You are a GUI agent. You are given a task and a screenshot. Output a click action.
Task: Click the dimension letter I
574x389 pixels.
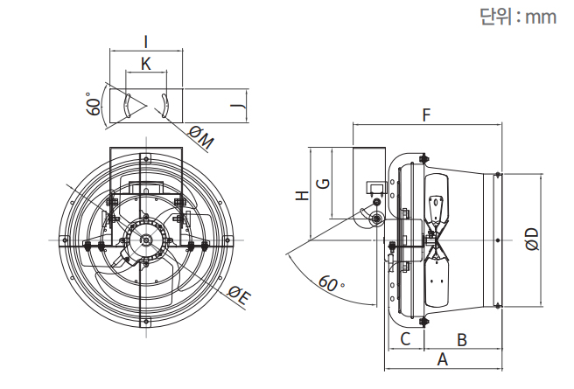[146, 40]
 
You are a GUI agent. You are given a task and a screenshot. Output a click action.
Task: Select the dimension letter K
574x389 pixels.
[146, 64]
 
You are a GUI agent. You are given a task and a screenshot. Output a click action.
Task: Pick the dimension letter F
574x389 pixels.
[426, 115]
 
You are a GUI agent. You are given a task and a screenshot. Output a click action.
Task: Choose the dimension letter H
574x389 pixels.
[301, 196]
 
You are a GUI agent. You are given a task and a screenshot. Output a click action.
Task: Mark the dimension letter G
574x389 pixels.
[323, 183]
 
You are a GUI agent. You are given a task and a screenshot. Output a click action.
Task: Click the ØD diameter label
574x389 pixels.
[531, 239]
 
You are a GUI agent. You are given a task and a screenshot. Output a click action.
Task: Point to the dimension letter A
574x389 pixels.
[443, 358]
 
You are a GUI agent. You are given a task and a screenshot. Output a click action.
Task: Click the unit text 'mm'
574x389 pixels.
[540, 17]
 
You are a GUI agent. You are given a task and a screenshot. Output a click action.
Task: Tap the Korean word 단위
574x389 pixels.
[494, 17]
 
